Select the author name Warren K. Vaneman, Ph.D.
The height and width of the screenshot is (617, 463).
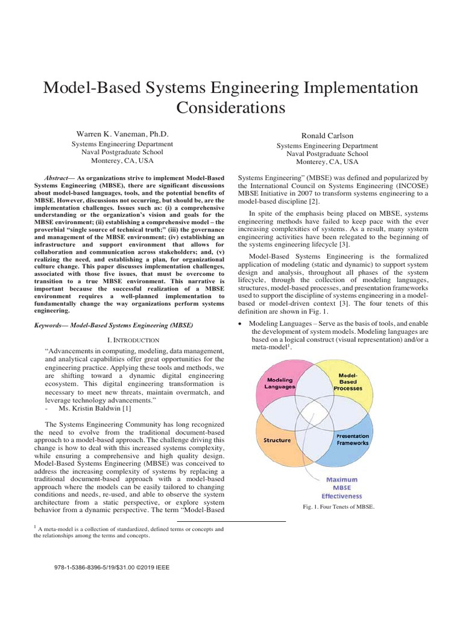(122, 133)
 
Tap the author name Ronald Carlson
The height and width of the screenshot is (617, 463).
(327, 136)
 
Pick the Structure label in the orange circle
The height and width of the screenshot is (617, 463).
(277, 440)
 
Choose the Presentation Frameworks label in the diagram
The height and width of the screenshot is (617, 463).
(353, 439)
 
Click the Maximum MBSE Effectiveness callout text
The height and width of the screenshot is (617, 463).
(341, 487)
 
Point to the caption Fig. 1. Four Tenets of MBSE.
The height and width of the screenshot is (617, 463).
(338, 507)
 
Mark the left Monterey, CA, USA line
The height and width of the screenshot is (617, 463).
(122, 161)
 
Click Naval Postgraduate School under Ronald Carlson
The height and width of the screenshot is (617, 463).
(327, 154)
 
